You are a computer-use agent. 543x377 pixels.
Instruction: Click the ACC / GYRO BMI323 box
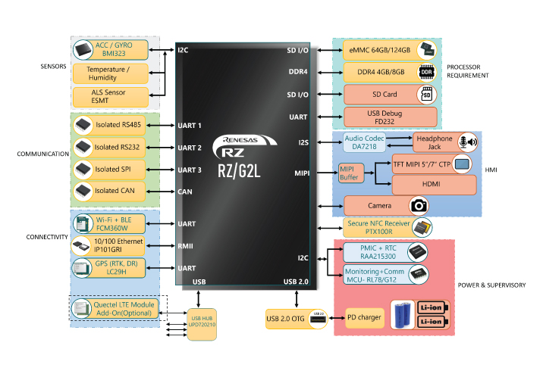[111, 50]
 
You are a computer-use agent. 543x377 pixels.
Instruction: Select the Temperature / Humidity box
[111, 73]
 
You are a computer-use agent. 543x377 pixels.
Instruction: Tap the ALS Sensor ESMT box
[111, 95]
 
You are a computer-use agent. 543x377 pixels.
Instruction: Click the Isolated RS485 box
[112, 124]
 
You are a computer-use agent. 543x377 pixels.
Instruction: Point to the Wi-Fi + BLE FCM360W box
[112, 223]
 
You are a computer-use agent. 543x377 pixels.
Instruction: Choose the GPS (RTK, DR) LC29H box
[112, 267]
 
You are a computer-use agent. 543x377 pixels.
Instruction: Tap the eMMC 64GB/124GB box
[391, 51]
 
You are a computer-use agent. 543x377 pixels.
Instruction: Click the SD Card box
[391, 95]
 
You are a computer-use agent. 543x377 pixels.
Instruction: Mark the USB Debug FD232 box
[391, 117]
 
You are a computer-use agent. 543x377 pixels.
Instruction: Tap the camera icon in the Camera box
[419, 205]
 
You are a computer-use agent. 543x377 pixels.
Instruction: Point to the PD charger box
[363, 317]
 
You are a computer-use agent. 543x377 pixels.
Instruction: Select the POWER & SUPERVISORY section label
[491, 285]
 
